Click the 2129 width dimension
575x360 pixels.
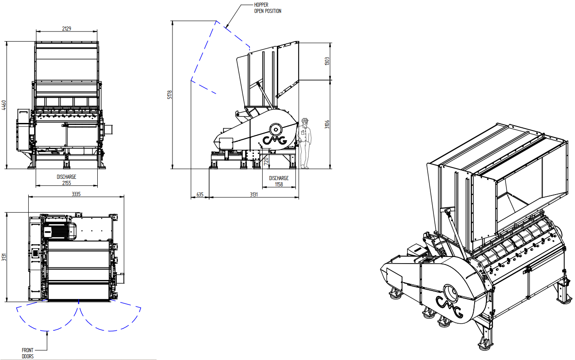[66, 28]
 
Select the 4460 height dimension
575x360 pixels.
[4, 105]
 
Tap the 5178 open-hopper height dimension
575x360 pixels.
[170, 95]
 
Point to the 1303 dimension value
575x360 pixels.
[327, 61]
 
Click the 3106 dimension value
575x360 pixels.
[327, 124]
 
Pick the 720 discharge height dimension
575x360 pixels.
[266, 161]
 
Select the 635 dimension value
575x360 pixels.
[200, 195]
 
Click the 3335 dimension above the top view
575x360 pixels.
[76, 194]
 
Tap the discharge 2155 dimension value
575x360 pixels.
[66, 183]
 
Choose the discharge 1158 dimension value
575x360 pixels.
[279, 184]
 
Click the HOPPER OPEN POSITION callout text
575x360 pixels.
[268, 8]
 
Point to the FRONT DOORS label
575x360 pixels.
[28, 353]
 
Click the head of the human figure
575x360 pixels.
[305, 122]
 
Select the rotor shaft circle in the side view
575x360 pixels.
[276, 130]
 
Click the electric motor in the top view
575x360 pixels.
[60, 231]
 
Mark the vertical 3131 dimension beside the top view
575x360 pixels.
[4, 257]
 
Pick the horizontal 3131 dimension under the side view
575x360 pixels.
[253, 195]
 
